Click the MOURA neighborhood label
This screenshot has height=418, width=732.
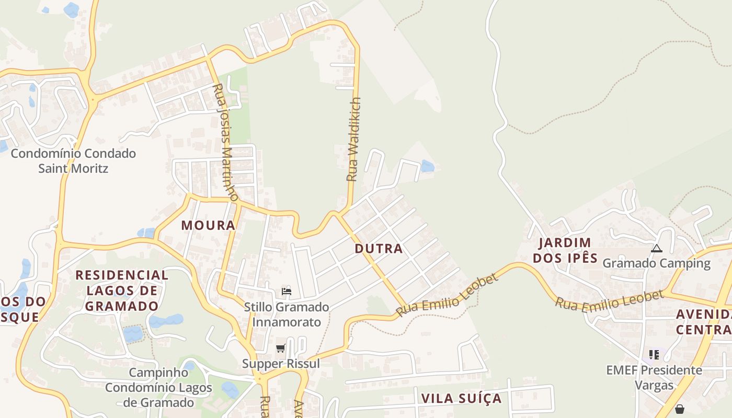208,225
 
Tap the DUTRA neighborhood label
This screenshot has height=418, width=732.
379,249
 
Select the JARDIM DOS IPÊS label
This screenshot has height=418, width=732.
565,250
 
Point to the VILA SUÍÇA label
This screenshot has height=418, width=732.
461,398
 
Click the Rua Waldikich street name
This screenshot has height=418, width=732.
354,139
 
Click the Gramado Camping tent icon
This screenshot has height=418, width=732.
657,249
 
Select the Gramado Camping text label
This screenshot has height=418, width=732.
657,263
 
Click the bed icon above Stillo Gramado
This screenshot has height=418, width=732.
286,292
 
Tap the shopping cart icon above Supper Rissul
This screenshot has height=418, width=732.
281,348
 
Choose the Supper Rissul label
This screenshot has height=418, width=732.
281,363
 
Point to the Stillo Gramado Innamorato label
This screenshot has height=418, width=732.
287,314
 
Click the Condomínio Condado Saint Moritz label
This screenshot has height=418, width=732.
73,161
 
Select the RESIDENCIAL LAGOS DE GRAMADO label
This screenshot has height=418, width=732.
122,291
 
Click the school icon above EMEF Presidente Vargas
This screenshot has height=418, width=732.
654,355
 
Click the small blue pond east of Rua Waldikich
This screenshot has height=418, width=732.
428,166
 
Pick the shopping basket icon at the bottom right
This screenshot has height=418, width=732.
679,409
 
